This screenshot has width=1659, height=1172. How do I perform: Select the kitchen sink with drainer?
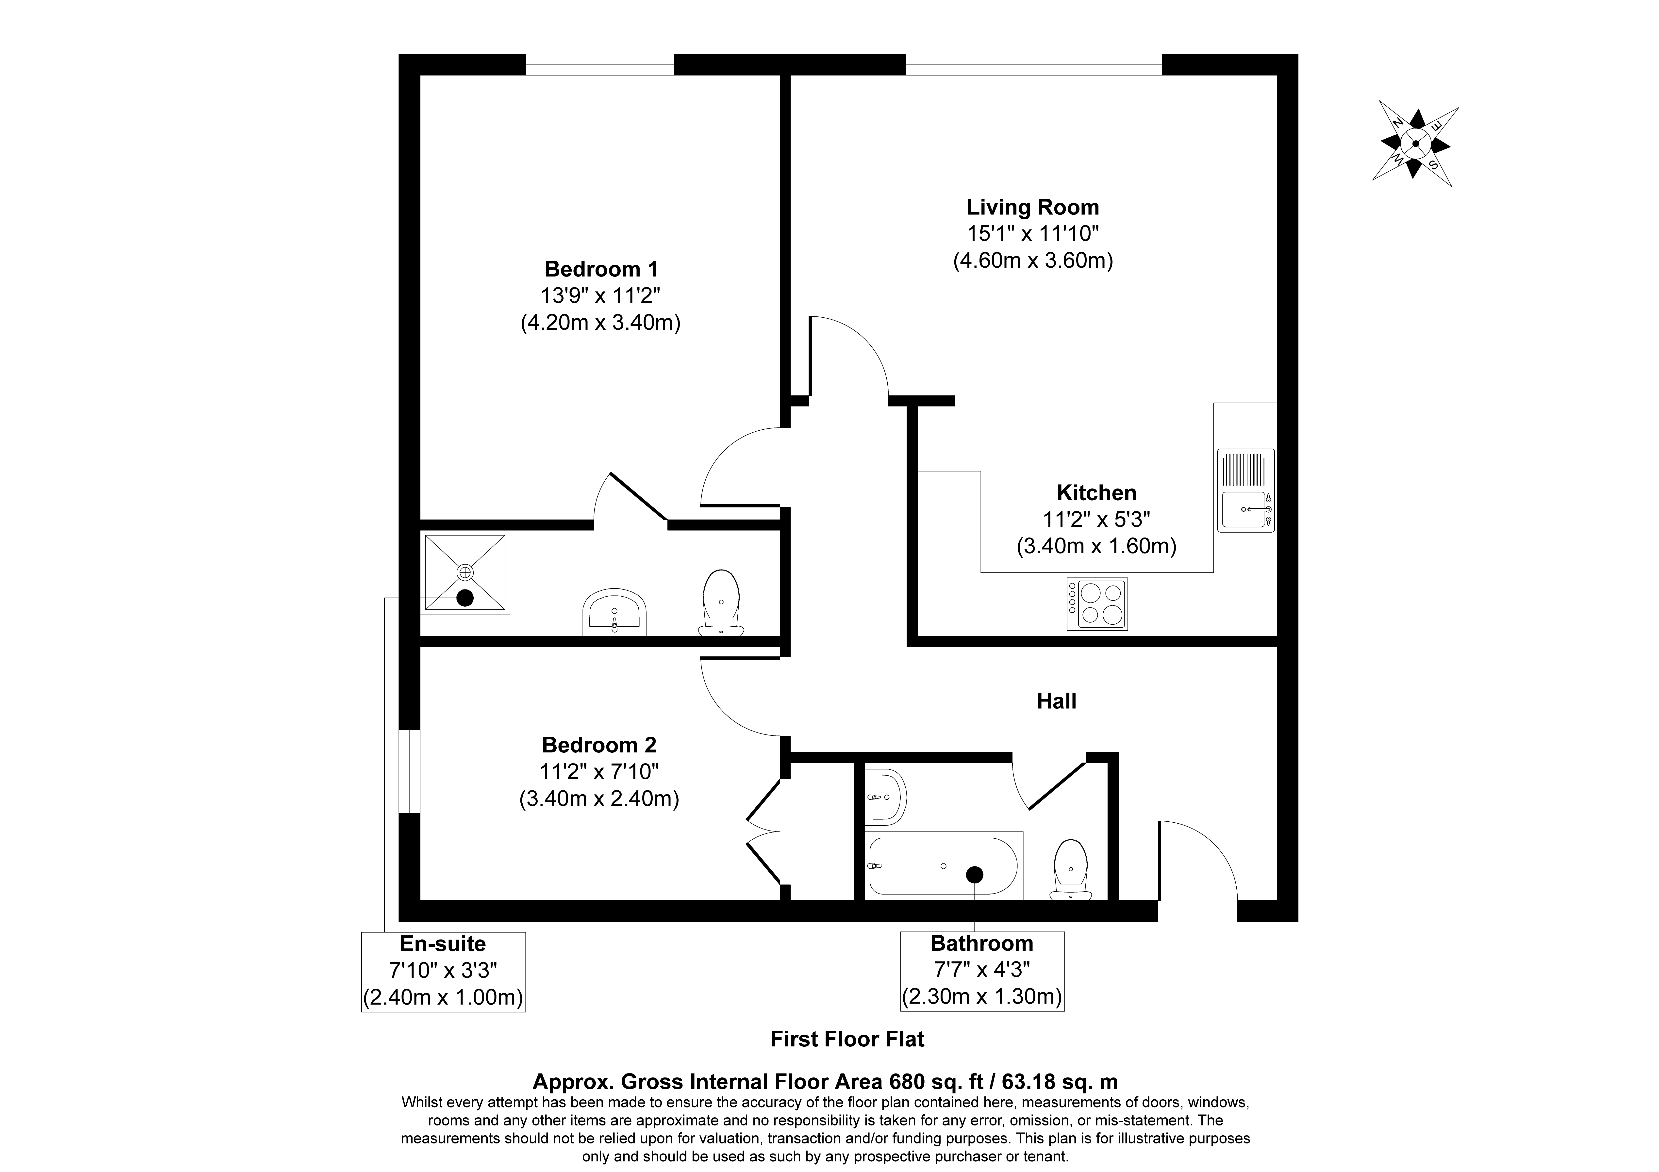(1246, 491)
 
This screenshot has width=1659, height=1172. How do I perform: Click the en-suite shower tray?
(465, 572)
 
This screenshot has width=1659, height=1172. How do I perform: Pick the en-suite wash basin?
(614, 612)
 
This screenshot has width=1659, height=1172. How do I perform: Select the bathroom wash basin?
(885, 797)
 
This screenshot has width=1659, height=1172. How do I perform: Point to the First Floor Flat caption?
(847, 1039)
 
